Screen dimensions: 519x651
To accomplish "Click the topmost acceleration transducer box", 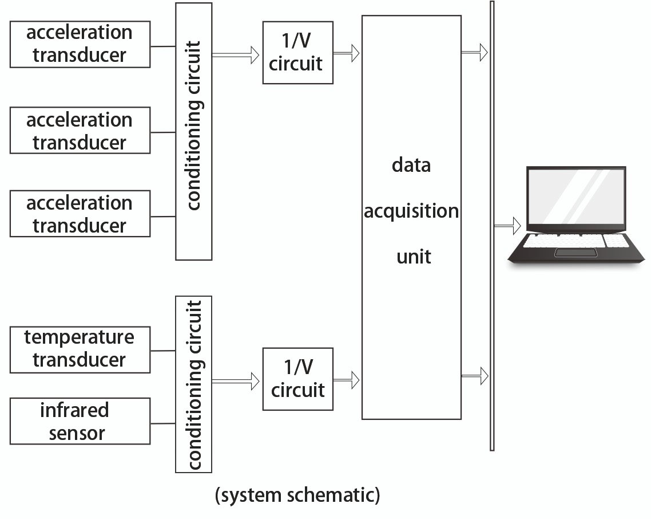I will tap(80, 44).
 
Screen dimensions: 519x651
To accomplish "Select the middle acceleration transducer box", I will tap(80, 131).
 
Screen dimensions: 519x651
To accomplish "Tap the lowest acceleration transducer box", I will tap(80, 214).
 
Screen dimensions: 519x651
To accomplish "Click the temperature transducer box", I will tap(80, 349).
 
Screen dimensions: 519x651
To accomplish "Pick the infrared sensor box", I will tap(80, 421).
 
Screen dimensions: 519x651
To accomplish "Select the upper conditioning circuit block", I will tap(193, 131).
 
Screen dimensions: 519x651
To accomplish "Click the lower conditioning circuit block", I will tap(193, 384).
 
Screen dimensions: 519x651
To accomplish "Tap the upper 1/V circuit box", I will tap(297, 53).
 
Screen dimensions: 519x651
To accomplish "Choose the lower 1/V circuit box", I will tap(297, 379).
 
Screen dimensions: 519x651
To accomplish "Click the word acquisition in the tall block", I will tap(411, 211).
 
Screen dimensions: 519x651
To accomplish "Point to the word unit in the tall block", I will tap(414, 256).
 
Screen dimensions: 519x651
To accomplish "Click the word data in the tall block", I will tap(411, 166).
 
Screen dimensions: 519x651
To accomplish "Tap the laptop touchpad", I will tap(575, 253).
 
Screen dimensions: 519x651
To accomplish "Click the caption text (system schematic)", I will tap(297, 495).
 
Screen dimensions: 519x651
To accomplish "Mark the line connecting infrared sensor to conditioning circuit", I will tap(162, 424).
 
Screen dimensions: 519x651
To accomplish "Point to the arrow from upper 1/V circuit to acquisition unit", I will tap(346, 53).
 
